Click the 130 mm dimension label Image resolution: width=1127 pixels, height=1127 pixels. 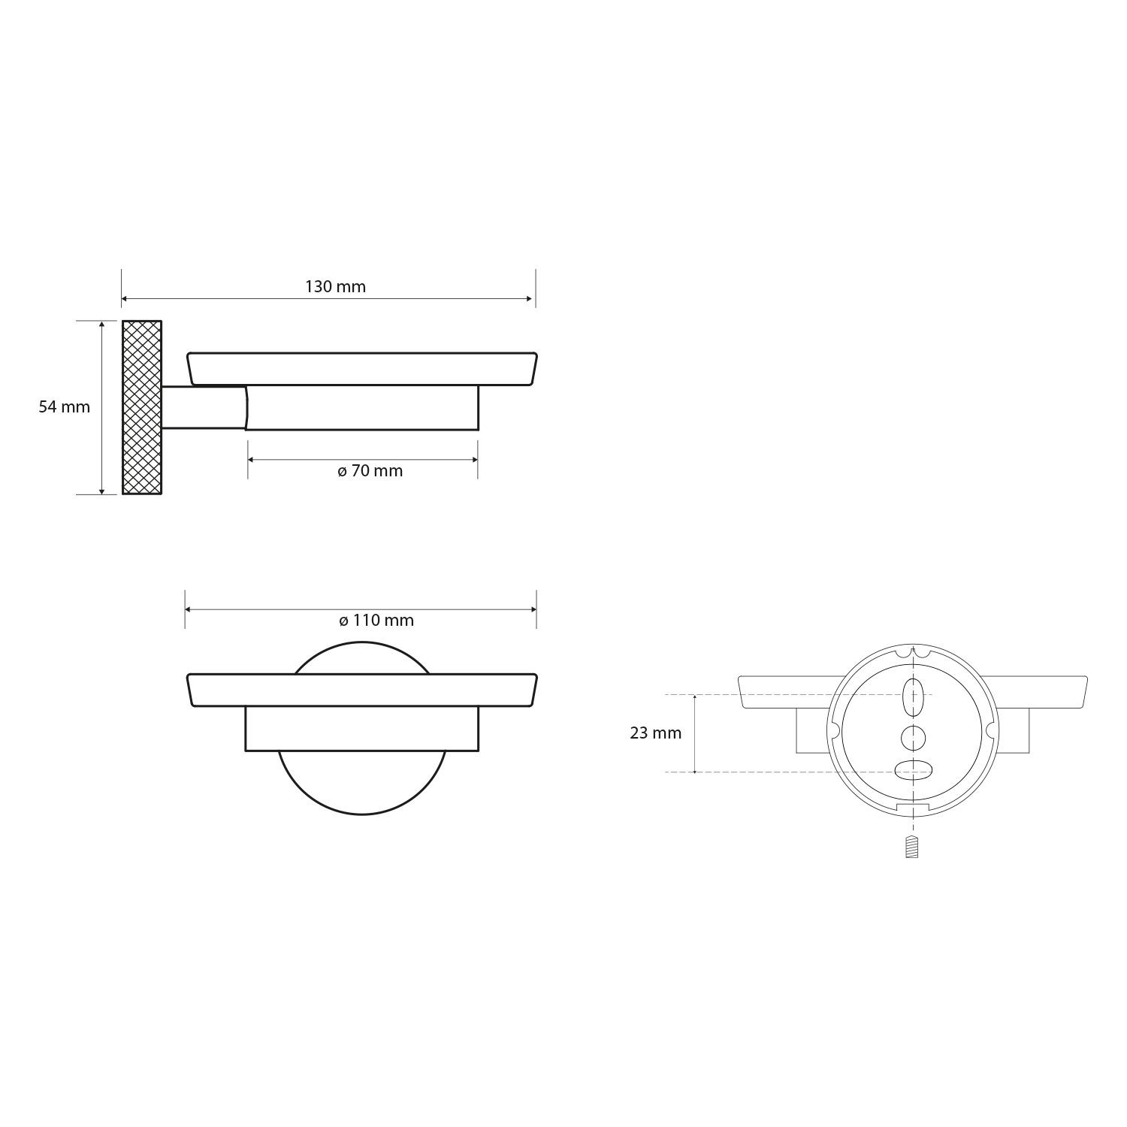point(335,286)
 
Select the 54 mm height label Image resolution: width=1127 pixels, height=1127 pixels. point(64,407)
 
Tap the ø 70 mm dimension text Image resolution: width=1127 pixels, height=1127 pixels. point(370,471)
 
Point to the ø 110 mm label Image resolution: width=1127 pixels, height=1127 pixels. point(376,621)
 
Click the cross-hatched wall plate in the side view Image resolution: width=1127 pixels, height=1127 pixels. point(142,407)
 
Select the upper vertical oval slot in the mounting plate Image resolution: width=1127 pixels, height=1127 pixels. point(914,696)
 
